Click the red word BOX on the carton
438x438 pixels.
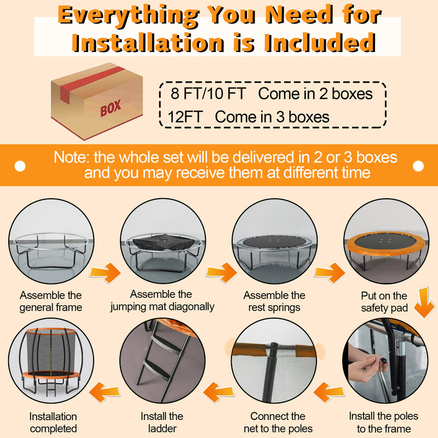[111, 107]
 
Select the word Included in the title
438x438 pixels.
[320, 43]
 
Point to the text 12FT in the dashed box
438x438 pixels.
[185, 117]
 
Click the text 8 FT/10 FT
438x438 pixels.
[208, 93]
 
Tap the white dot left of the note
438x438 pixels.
[20, 166]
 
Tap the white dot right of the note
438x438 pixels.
[418, 166]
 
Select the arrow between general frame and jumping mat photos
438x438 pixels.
[106, 272]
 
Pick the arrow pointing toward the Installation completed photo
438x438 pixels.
[105, 392]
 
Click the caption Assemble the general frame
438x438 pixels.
[50, 301]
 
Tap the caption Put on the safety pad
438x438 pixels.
[384, 302]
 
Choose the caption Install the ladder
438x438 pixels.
[162, 422]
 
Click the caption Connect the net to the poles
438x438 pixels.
[278, 422]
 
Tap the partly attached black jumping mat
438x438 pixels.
[163, 242]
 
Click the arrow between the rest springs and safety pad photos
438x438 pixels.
[330, 272]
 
